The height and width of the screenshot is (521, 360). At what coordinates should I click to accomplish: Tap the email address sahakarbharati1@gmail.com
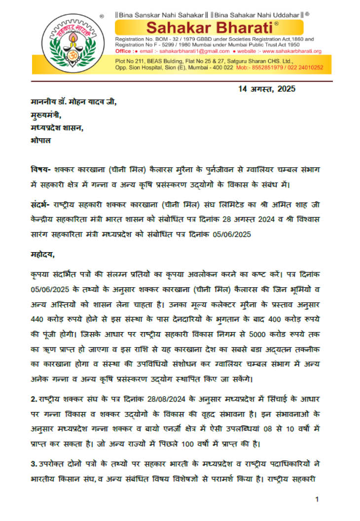(196, 51)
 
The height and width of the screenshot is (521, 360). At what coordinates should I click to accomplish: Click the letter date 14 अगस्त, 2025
(266, 89)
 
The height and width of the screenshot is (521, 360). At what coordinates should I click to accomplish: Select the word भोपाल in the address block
(40, 140)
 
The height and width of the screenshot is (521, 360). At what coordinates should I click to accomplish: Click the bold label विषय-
(40, 169)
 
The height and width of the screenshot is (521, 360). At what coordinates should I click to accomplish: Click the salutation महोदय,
(43, 255)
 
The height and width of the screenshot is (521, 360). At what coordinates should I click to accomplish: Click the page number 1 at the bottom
(317, 500)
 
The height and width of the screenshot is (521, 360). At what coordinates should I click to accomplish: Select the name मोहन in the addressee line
(82, 102)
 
